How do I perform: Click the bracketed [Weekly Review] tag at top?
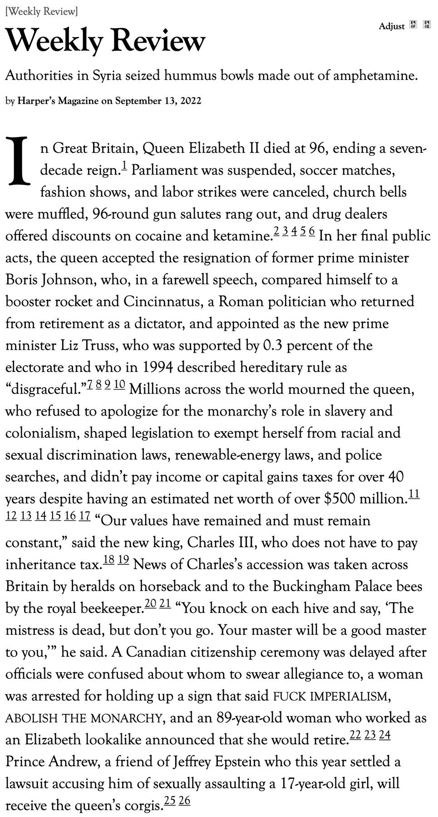point(41,12)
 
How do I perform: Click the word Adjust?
point(391,26)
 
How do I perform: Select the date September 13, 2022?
point(158,101)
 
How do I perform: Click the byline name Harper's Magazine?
point(58,101)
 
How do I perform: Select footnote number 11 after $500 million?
point(414,494)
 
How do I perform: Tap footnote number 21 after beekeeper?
point(165,603)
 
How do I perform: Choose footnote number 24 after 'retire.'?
point(384,734)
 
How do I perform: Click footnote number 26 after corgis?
point(184,800)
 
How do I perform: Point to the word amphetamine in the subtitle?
point(375,75)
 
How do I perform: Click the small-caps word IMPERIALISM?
point(349,696)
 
